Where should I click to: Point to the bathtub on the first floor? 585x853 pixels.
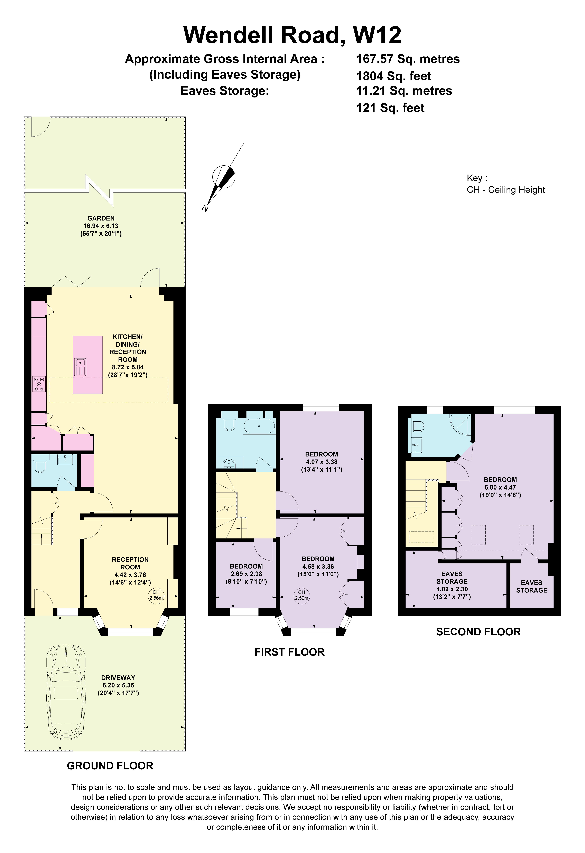(x=259, y=426)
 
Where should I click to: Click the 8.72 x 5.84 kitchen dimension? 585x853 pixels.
(x=128, y=367)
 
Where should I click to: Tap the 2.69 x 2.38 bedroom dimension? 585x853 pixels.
(x=246, y=574)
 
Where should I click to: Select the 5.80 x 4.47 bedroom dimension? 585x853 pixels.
(x=500, y=487)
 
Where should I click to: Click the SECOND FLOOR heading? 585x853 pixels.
(x=478, y=632)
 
